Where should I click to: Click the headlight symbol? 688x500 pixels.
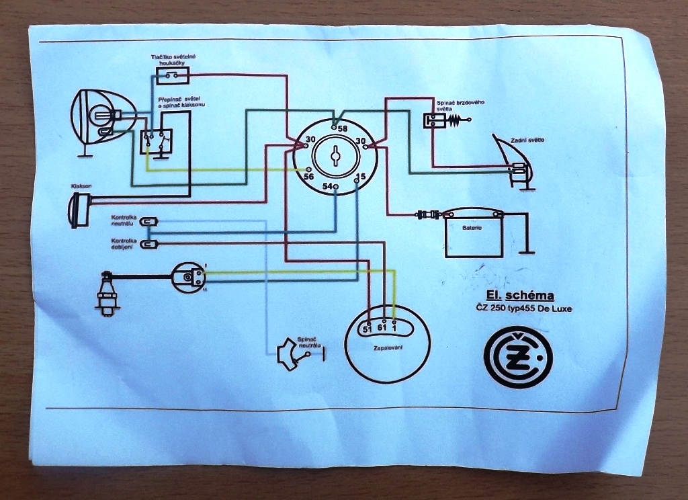coord(100,117)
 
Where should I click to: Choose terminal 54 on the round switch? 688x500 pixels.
coord(336,186)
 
